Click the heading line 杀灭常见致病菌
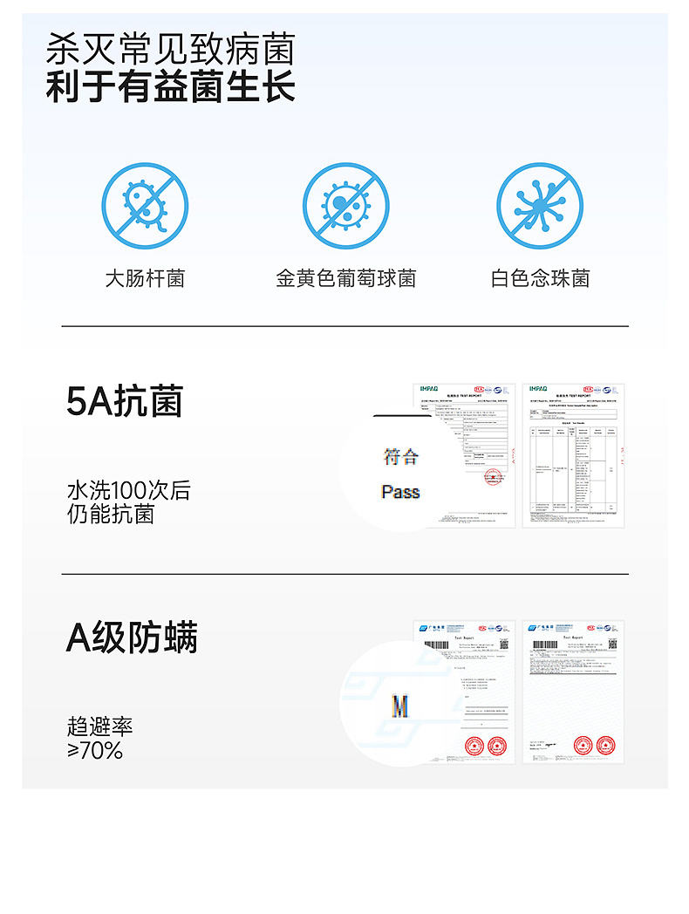point(170,49)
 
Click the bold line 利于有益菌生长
point(170,87)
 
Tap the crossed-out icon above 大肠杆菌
point(145,207)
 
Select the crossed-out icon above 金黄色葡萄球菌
point(345,207)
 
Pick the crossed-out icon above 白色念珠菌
point(540,207)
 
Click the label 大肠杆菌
point(145,278)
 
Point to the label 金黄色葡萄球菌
point(345,278)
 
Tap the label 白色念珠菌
point(540,278)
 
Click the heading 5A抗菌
point(125,401)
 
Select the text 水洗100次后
point(128,490)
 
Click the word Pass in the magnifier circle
point(400,492)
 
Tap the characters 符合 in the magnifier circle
point(400,455)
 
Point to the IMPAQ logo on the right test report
point(538,388)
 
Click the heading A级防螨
point(132,638)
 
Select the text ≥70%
point(95,750)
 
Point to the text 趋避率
point(99,726)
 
